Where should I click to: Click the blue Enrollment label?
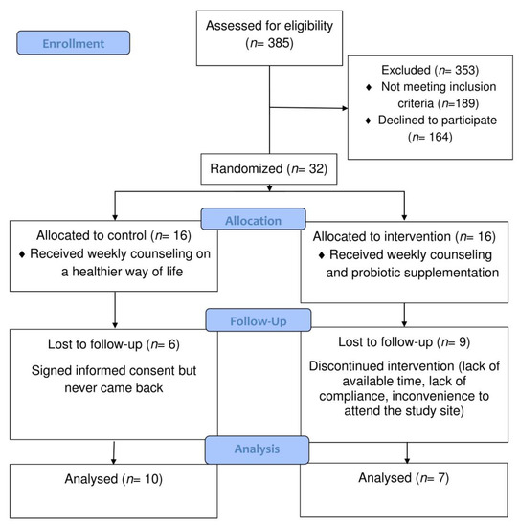point(73,43)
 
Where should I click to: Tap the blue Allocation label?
point(254,219)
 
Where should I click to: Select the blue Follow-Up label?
point(259,320)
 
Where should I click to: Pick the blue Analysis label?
point(257,449)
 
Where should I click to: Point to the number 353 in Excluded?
point(465,70)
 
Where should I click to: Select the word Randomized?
point(247,168)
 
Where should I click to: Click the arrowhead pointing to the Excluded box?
point(345,108)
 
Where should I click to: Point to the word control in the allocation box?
point(125,235)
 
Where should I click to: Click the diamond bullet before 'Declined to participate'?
point(368,121)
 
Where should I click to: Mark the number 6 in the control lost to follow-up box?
point(171,344)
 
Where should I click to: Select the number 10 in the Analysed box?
point(152,479)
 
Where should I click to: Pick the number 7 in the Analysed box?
point(441,478)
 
